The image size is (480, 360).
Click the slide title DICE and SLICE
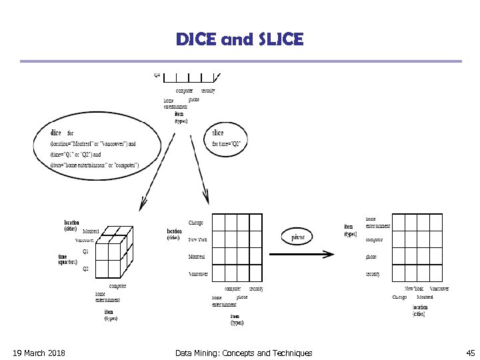[239, 39]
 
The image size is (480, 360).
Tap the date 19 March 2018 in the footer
[39, 353]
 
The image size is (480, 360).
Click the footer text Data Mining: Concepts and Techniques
[243, 353]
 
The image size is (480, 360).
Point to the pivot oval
[297, 237]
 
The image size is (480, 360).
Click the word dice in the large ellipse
[56, 133]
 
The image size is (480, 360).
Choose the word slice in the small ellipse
[217, 133]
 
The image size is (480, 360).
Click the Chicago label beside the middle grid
[196, 223]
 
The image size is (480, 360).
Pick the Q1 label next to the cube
[85, 251]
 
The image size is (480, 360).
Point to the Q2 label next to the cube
[85, 269]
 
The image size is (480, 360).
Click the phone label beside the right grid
[371, 257]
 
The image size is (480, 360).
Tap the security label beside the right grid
[373, 274]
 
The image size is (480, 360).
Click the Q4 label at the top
[157, 75]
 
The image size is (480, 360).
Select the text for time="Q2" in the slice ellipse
[226, 143]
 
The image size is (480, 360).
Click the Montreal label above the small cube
[91, 231]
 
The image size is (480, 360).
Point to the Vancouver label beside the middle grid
[198, 274]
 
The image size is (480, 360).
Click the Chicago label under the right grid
[399, 297]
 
